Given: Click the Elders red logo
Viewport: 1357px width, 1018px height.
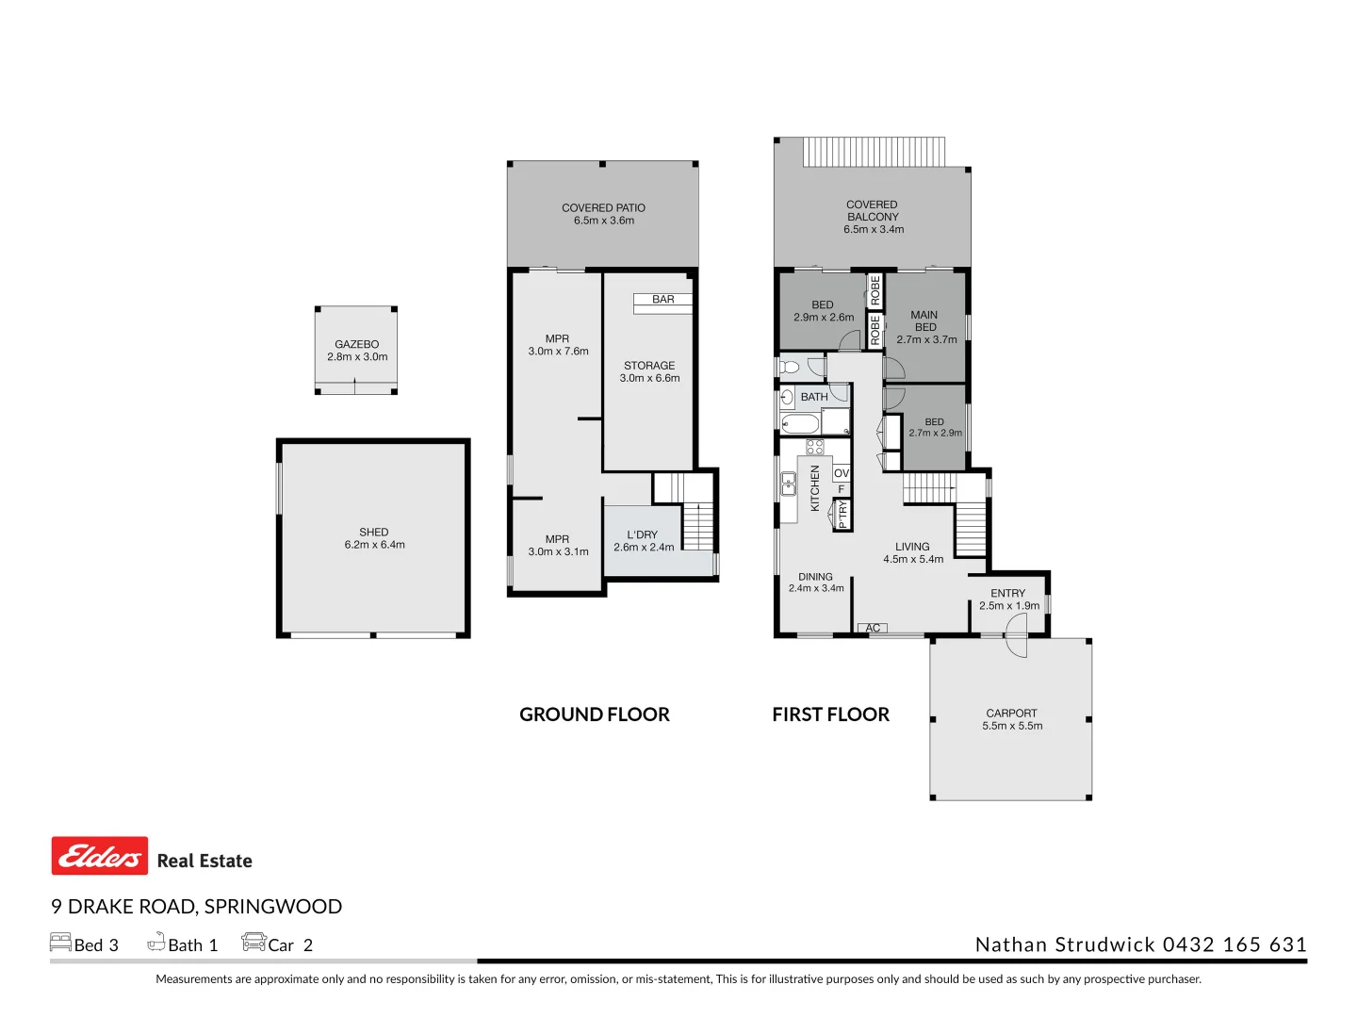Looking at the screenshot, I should [99, 856].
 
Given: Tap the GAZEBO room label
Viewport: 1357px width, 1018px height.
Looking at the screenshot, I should [356, 344].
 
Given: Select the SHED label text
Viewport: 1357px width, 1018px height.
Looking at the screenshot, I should [373, 532].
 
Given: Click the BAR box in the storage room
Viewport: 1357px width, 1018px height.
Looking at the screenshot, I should [662, 300].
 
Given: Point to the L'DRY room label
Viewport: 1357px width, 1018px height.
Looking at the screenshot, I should [643, 534].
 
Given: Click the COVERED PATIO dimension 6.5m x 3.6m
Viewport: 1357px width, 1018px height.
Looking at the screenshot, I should [603, 221].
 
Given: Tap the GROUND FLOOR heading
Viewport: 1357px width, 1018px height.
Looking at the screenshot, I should [594, 714].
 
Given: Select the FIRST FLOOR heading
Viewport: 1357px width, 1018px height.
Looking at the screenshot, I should [830, 714].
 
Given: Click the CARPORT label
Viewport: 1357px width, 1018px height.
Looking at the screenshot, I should [1011, 714].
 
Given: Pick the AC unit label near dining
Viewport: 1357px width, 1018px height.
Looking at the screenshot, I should [873, 628].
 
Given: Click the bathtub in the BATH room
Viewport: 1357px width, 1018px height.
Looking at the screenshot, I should [800, 423].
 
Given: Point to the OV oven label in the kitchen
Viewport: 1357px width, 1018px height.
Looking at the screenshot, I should [842, 473].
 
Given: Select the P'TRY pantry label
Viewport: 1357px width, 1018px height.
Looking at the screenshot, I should [842, 514].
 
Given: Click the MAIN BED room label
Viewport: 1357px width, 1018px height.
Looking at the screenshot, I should [924, 321].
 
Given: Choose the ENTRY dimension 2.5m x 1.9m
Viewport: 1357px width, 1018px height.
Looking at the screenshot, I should [1008, 606].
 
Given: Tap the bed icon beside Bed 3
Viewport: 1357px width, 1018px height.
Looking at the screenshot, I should [60, 943].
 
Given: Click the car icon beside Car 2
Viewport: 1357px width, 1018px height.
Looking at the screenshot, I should [253, 942].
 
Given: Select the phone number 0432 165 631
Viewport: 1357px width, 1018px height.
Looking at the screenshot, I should [1234, 944].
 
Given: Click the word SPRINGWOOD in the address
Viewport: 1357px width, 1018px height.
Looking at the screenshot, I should [272, 907].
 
